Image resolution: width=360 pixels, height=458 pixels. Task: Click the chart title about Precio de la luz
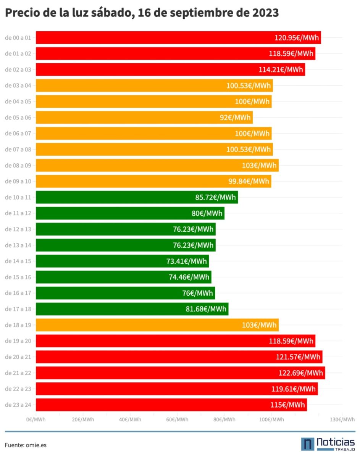(x=142, y=13)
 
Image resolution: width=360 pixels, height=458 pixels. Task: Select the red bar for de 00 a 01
(x=153, y=38)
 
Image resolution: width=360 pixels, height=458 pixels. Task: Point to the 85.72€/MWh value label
(x=215, y=198)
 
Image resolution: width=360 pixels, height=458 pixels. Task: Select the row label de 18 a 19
(x=18, y=326)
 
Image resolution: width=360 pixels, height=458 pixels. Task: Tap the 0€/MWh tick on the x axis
(x=36, y=419)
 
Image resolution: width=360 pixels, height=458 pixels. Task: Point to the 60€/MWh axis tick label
(x=177, y=419)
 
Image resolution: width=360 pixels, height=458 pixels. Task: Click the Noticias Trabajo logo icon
(x=308, y=444)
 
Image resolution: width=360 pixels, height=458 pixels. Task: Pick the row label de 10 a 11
(x=18, y=198)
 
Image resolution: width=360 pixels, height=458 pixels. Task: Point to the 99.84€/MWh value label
(x=248, y=181)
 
